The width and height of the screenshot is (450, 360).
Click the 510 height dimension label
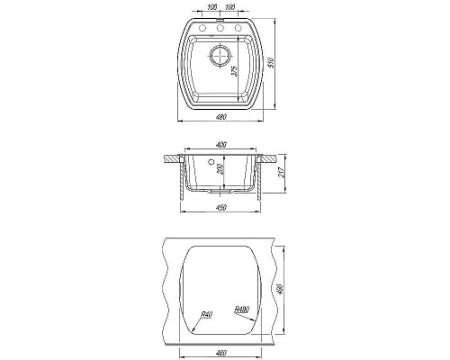(272, 63)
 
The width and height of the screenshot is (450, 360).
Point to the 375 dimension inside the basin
(235, 71)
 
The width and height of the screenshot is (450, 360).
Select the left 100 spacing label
(211, 7)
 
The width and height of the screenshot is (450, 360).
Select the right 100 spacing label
(229, 7)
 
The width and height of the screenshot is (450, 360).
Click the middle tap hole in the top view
(220, 28)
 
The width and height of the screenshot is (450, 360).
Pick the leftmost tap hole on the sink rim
(202, 28)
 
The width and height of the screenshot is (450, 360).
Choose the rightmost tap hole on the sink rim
(238, 28)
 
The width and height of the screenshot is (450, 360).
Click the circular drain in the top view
(220, 56)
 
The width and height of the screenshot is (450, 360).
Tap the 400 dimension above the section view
(220, 145)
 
